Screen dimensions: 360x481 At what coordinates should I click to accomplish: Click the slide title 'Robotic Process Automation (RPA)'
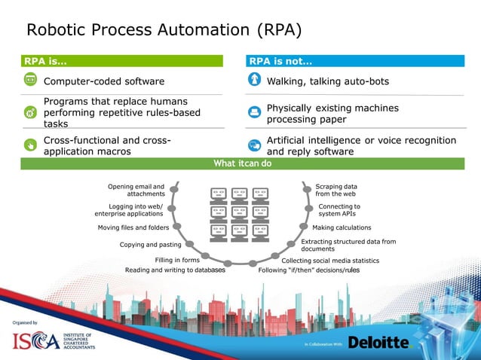coord(164,30)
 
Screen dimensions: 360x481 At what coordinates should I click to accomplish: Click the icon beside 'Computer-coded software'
coord(30,80)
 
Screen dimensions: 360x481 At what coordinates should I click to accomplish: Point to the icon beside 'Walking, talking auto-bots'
coord(254,80)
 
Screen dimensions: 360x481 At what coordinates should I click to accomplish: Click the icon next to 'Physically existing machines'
coord(254,113)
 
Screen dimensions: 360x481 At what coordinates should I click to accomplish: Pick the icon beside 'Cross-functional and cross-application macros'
coord(30,145)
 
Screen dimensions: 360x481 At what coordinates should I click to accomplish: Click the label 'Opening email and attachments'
coord(136,190)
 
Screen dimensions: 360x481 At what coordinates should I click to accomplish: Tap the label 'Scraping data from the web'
coord(336,190)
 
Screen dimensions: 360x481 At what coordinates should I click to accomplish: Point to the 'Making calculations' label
coord(342,227)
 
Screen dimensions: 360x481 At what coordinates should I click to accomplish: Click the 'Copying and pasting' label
coord(150,244)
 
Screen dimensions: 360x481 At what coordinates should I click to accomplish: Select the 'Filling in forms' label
coord(176,260)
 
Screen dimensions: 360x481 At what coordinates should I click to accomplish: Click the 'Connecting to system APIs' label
coord(339,209)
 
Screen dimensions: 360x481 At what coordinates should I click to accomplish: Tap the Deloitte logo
coord(378,343)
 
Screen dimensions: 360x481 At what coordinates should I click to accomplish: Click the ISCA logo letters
coord(35,341)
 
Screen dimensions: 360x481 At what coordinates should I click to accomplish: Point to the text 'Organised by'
coord(25,322)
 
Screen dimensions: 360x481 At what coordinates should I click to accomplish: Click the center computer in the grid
coord(240,213)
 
